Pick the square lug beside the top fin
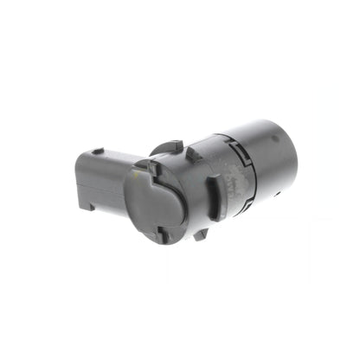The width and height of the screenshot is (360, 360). (192, 154)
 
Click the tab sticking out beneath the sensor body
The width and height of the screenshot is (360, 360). (201, 233)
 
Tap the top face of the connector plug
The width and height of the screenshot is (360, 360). (108, 157)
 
